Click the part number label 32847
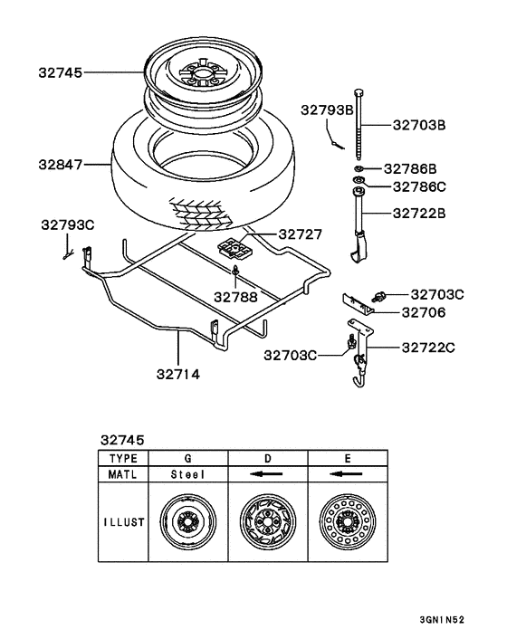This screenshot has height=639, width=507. click(x=61, y=165)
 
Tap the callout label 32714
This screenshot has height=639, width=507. click(x=178, y=374)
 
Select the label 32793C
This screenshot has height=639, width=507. click(x=68, y=225)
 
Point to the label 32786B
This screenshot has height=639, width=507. click(x=410, y=168)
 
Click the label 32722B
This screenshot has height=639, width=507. click(x=419, y=214)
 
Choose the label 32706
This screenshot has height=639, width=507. click(x=424, y=312)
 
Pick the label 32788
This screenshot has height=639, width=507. click(x=235, y=297)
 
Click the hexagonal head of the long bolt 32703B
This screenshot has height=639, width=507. click(x=359, y=92)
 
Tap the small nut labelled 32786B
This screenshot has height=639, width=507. click(x=359, y=168)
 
